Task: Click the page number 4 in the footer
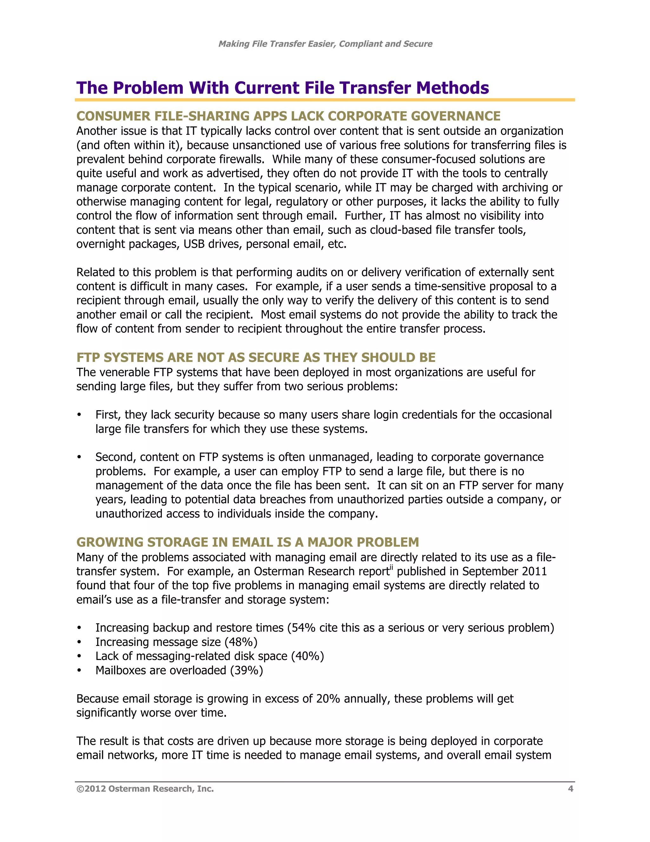570,789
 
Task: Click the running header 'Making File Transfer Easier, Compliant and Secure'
325,44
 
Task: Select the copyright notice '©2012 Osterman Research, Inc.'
145,789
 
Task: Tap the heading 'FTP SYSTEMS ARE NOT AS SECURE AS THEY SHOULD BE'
256,357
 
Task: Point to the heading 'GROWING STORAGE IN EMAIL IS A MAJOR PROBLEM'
247,542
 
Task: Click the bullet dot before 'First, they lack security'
79,415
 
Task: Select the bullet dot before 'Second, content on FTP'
79,457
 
